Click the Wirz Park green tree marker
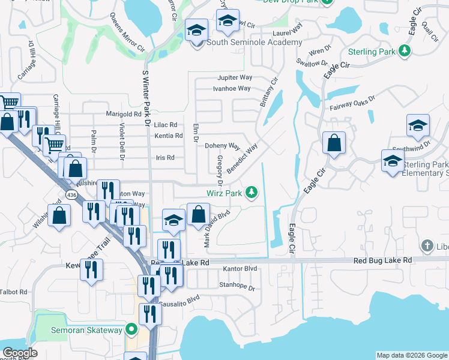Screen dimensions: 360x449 tap(253, 193)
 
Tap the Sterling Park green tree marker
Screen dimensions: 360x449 tap(406, 51)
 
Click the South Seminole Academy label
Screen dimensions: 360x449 tap(254, 43)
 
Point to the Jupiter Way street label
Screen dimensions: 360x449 tap(235, 77)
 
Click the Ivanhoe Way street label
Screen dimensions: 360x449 tap(232, 88)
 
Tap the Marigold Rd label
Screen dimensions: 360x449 tap(123, 113)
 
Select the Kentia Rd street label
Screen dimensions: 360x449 tap(169, 136)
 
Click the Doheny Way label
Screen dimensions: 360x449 tap(222, 146)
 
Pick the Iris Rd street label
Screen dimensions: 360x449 tap(165, 158)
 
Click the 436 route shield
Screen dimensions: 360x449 tap(72, 196)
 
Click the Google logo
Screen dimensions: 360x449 tap(20, 352)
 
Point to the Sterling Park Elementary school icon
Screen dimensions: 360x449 tap(393, 161)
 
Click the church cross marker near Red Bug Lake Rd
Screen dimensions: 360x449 tap(427, 245)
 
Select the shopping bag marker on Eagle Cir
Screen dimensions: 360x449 tap(334, 143)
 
